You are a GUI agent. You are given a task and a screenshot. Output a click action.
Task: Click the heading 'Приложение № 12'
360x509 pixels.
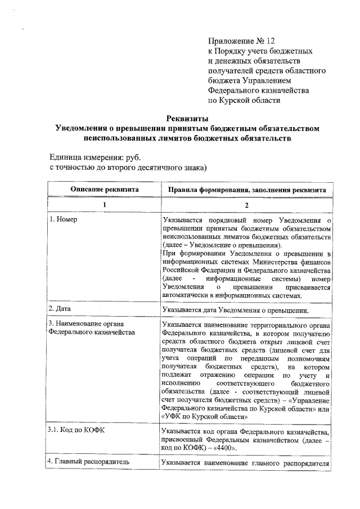coord(242,41)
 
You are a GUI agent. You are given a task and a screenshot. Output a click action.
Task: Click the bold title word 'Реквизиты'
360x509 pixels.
coord(188,119)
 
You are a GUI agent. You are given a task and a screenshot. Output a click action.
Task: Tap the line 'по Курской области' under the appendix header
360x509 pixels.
coord(244,101)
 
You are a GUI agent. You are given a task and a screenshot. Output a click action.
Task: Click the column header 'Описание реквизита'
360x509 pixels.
coord(104,190)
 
